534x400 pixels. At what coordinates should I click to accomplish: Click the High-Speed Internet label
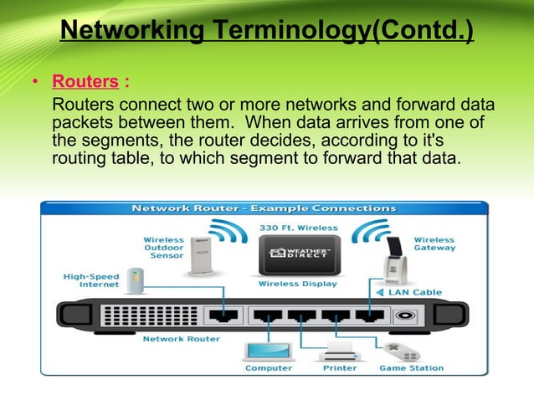(91, 279)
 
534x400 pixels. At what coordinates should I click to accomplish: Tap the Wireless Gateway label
(434, 244)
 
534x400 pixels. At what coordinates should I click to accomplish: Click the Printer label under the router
(341, 367)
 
